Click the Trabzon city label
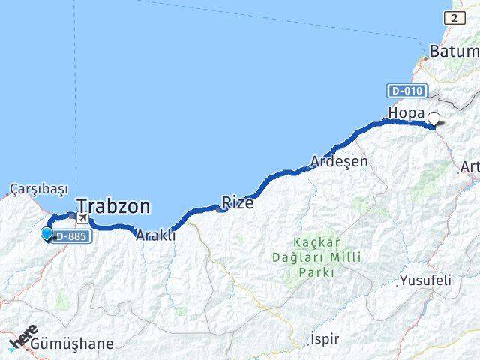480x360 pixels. (113, 206)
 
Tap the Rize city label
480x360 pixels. (237, 202)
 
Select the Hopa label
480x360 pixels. (406, 113)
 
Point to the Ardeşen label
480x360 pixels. (340, 161)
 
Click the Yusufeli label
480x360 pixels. (426, 280)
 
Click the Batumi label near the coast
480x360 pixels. (454, 52)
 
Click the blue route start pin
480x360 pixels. (47, 234)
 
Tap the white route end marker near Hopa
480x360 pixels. (434, 117)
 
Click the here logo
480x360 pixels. (23, 337)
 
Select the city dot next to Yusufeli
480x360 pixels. (397, 285)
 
